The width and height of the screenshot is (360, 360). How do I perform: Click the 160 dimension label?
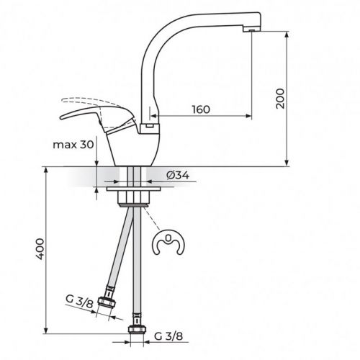click(201, 110)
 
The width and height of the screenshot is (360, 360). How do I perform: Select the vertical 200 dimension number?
click(281, 99)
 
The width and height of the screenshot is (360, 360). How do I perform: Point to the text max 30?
click(73, 144)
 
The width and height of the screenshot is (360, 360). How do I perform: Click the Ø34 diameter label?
click(177, 175)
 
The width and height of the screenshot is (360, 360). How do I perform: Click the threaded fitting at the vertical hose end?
click(135, 332)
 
